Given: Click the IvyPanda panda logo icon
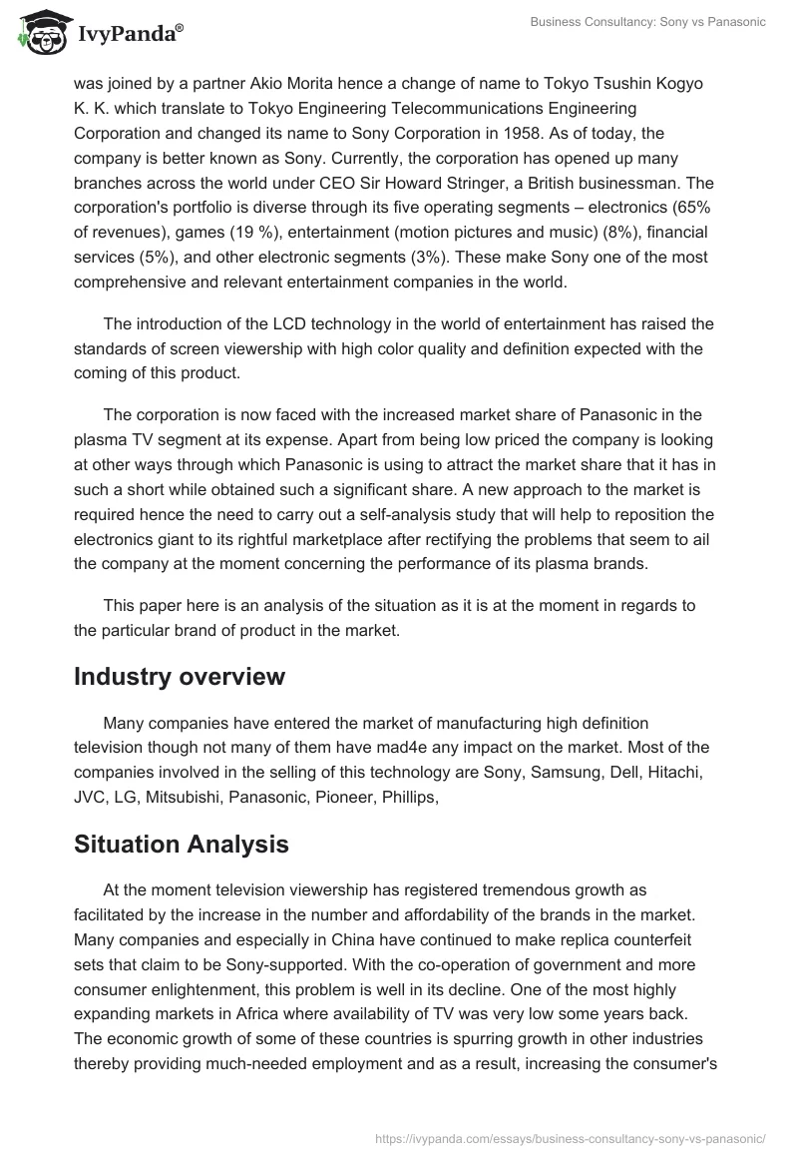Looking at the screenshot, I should pyautogui.click(x=37, y=32).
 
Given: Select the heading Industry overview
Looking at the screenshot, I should pyautogui.click(x=180, y=676).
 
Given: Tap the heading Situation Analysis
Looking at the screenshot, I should pyautogui.click(x=182, y=844).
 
